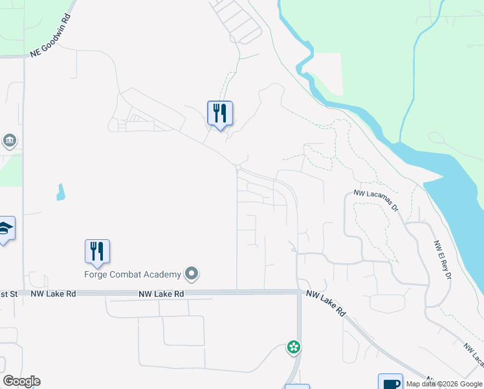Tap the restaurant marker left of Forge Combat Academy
point(97,252)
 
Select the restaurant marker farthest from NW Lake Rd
point(220,113)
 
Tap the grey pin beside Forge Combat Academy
point(192,274)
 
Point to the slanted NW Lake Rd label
point(326,303)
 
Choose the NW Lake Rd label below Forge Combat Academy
point(161,294)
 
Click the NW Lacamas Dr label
point(375,193)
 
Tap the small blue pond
point(60,192)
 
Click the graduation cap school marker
point(5,228)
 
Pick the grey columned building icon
point(9,141)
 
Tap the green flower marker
point(294,347)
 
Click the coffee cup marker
point(391,383)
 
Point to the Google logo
point(21,381)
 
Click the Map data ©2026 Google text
point(445,384)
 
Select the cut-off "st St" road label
point(8,294)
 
